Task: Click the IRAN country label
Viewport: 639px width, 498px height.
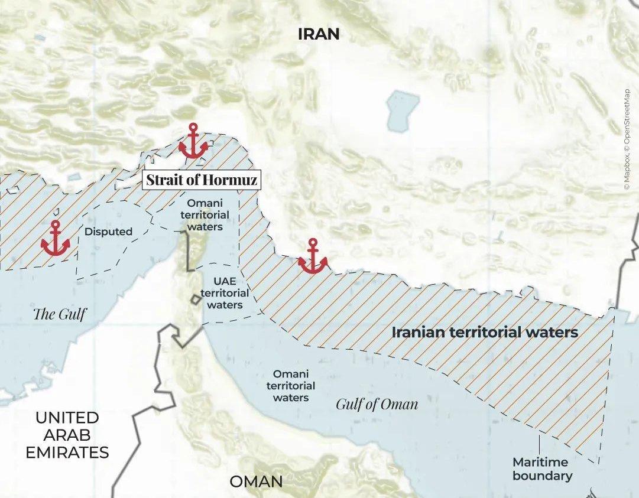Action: click(319, 34)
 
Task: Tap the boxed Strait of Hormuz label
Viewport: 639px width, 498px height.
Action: click(202, 180)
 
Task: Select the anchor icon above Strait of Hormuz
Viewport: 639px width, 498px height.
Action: click(193, 142)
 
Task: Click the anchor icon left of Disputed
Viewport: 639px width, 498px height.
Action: click(56, 239)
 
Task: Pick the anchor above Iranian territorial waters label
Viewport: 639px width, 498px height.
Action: click(313, 257)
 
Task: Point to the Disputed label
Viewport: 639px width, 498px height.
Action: click(108, 232)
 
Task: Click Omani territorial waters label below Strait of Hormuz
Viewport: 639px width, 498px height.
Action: click(205, 214)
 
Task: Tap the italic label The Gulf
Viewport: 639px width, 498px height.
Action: click(59, 314)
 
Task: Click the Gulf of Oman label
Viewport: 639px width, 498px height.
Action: click(377, 405)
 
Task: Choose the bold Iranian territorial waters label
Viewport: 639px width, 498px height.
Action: click(485, 332)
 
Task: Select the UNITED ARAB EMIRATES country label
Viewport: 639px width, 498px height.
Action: click(71, 435)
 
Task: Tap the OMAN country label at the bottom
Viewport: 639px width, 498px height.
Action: click(256, 481)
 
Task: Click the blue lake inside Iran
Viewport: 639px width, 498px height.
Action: click(402, 110)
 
